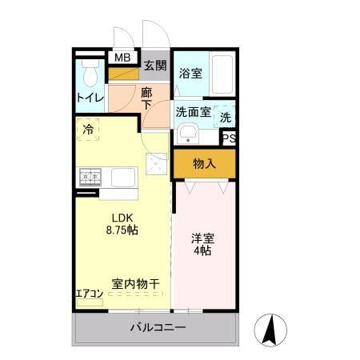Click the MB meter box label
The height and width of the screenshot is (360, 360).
click(x=122, y=58)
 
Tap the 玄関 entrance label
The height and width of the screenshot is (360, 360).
click(x=155, y=65)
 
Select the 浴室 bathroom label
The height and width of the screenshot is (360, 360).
click(x=190, y=73)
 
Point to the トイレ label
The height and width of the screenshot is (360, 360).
click(x=90, y=99)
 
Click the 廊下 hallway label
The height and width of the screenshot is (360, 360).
click(x=146, y=98)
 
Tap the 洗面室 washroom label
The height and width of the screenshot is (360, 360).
click(x=194, y=112)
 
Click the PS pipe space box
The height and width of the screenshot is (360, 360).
click(x=229, y=138)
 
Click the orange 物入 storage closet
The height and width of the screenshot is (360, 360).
click(x=204, y=164)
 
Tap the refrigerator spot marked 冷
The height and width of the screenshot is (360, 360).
click(x=87, y=128)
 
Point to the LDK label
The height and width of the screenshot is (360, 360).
click(x=121, y=218)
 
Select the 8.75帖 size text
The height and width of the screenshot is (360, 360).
click(x=121, y=230)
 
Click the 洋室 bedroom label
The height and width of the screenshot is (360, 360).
click(x=201, y=238)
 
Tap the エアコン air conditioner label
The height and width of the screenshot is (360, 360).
click(x=89, y=292)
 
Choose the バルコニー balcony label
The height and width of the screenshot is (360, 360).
click(x=157, y=328)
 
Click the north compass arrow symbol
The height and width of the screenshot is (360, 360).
click(x=270, y=329)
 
